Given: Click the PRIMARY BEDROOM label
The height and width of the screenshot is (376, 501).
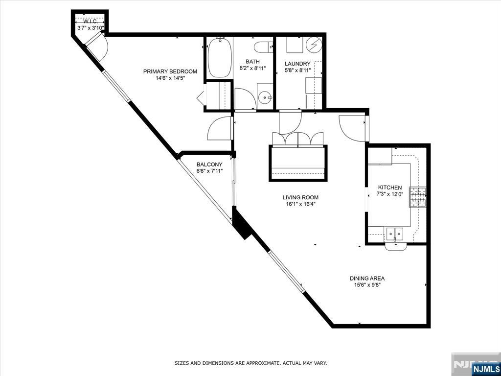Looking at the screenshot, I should click(x=170, y=71).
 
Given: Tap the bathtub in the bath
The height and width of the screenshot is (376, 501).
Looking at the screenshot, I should click(x=219, y=59).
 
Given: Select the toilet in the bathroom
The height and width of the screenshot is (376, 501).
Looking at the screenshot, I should click(x=263, y=47).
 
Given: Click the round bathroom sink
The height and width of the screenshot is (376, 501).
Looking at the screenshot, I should click(x=266, y=97).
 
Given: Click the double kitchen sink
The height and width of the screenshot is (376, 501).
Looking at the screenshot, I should click(x=395, y=234).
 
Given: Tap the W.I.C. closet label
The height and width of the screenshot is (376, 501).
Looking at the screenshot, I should click(x=91, y=22).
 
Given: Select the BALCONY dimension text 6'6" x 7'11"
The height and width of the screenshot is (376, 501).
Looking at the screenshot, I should click(x=209, y=171).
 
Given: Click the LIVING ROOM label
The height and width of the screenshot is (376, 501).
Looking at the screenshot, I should click(x=300, y=198).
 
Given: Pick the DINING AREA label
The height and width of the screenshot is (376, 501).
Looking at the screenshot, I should click(x=367, y=279).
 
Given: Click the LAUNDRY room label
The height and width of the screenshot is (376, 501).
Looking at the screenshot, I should click(x=297, y=64).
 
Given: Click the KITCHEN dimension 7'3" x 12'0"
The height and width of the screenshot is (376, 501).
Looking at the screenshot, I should click(x=390, y=194).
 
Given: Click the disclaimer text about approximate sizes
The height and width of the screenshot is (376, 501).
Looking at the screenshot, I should click(x=250, y=363).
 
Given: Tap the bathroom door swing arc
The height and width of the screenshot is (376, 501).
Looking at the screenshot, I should click(x=245, y=99).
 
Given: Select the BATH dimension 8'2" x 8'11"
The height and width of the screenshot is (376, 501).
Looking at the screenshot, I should click(x=252, y=69).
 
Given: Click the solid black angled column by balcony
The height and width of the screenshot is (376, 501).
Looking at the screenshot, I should click(x=241, y=224).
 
